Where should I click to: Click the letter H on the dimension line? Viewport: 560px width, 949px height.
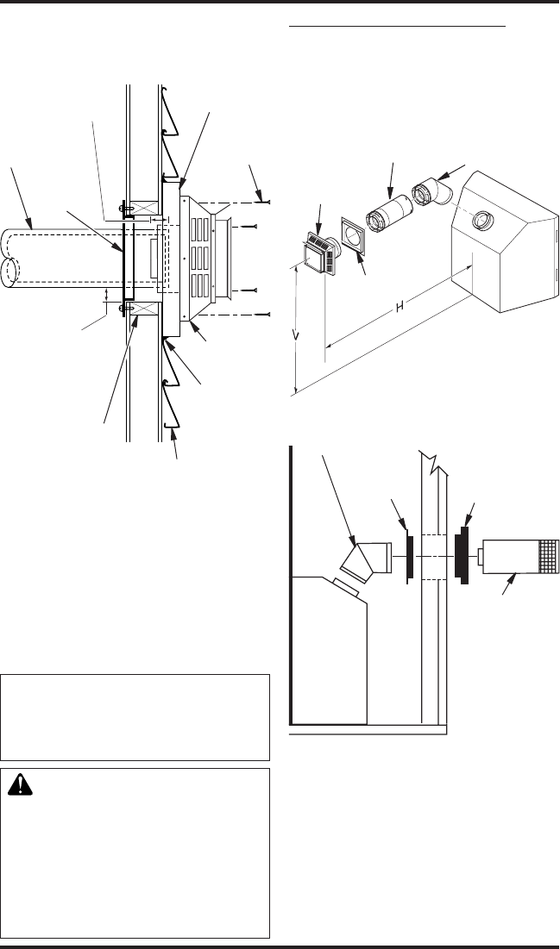[400, 308]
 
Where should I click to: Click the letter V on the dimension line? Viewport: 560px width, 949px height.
[296, 334]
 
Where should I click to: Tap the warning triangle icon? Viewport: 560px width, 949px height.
[20, 785]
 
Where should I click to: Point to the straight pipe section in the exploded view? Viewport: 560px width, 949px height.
[389, 213]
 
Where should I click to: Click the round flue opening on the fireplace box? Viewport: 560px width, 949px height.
[483, 221]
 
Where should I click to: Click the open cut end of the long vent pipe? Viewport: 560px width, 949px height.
[10, 259]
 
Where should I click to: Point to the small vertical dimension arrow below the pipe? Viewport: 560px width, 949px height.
[107, 295]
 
